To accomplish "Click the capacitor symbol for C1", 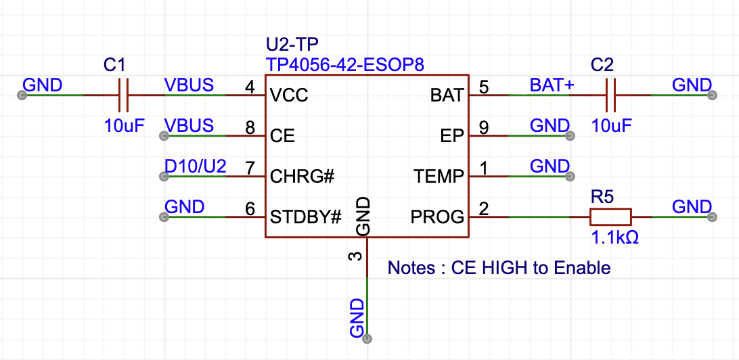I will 123,95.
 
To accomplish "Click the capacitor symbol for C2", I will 610,95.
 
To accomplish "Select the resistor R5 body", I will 610,217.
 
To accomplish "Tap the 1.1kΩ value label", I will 615,238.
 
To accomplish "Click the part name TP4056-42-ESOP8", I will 345,65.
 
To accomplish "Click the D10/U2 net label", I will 195,166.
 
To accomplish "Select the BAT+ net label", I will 552,85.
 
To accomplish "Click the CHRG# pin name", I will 303,177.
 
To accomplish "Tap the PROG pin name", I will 437,217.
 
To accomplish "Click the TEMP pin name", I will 439,177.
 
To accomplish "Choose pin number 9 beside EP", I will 483,127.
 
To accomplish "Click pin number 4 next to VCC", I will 250,87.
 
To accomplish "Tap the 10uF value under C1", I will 124,126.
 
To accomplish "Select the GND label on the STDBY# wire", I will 185,207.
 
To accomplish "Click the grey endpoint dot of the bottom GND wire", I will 367,338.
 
